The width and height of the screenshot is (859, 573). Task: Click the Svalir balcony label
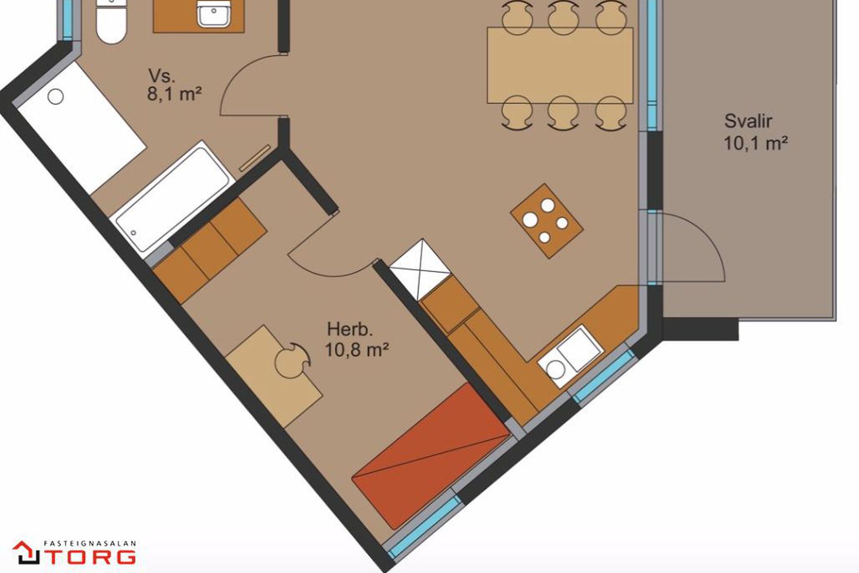coord(748,121)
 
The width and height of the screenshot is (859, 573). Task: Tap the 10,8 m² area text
coord(356,350)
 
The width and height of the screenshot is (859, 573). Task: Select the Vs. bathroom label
coord(162,76)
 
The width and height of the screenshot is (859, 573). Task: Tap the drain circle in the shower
coord(55,96)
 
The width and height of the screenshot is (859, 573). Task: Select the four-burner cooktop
coord(547,221)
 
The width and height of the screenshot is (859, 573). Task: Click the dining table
coord(560,65)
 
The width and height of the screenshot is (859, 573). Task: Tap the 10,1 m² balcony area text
coord(756,143)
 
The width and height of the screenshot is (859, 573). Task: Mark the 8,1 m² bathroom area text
coord(174,94)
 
